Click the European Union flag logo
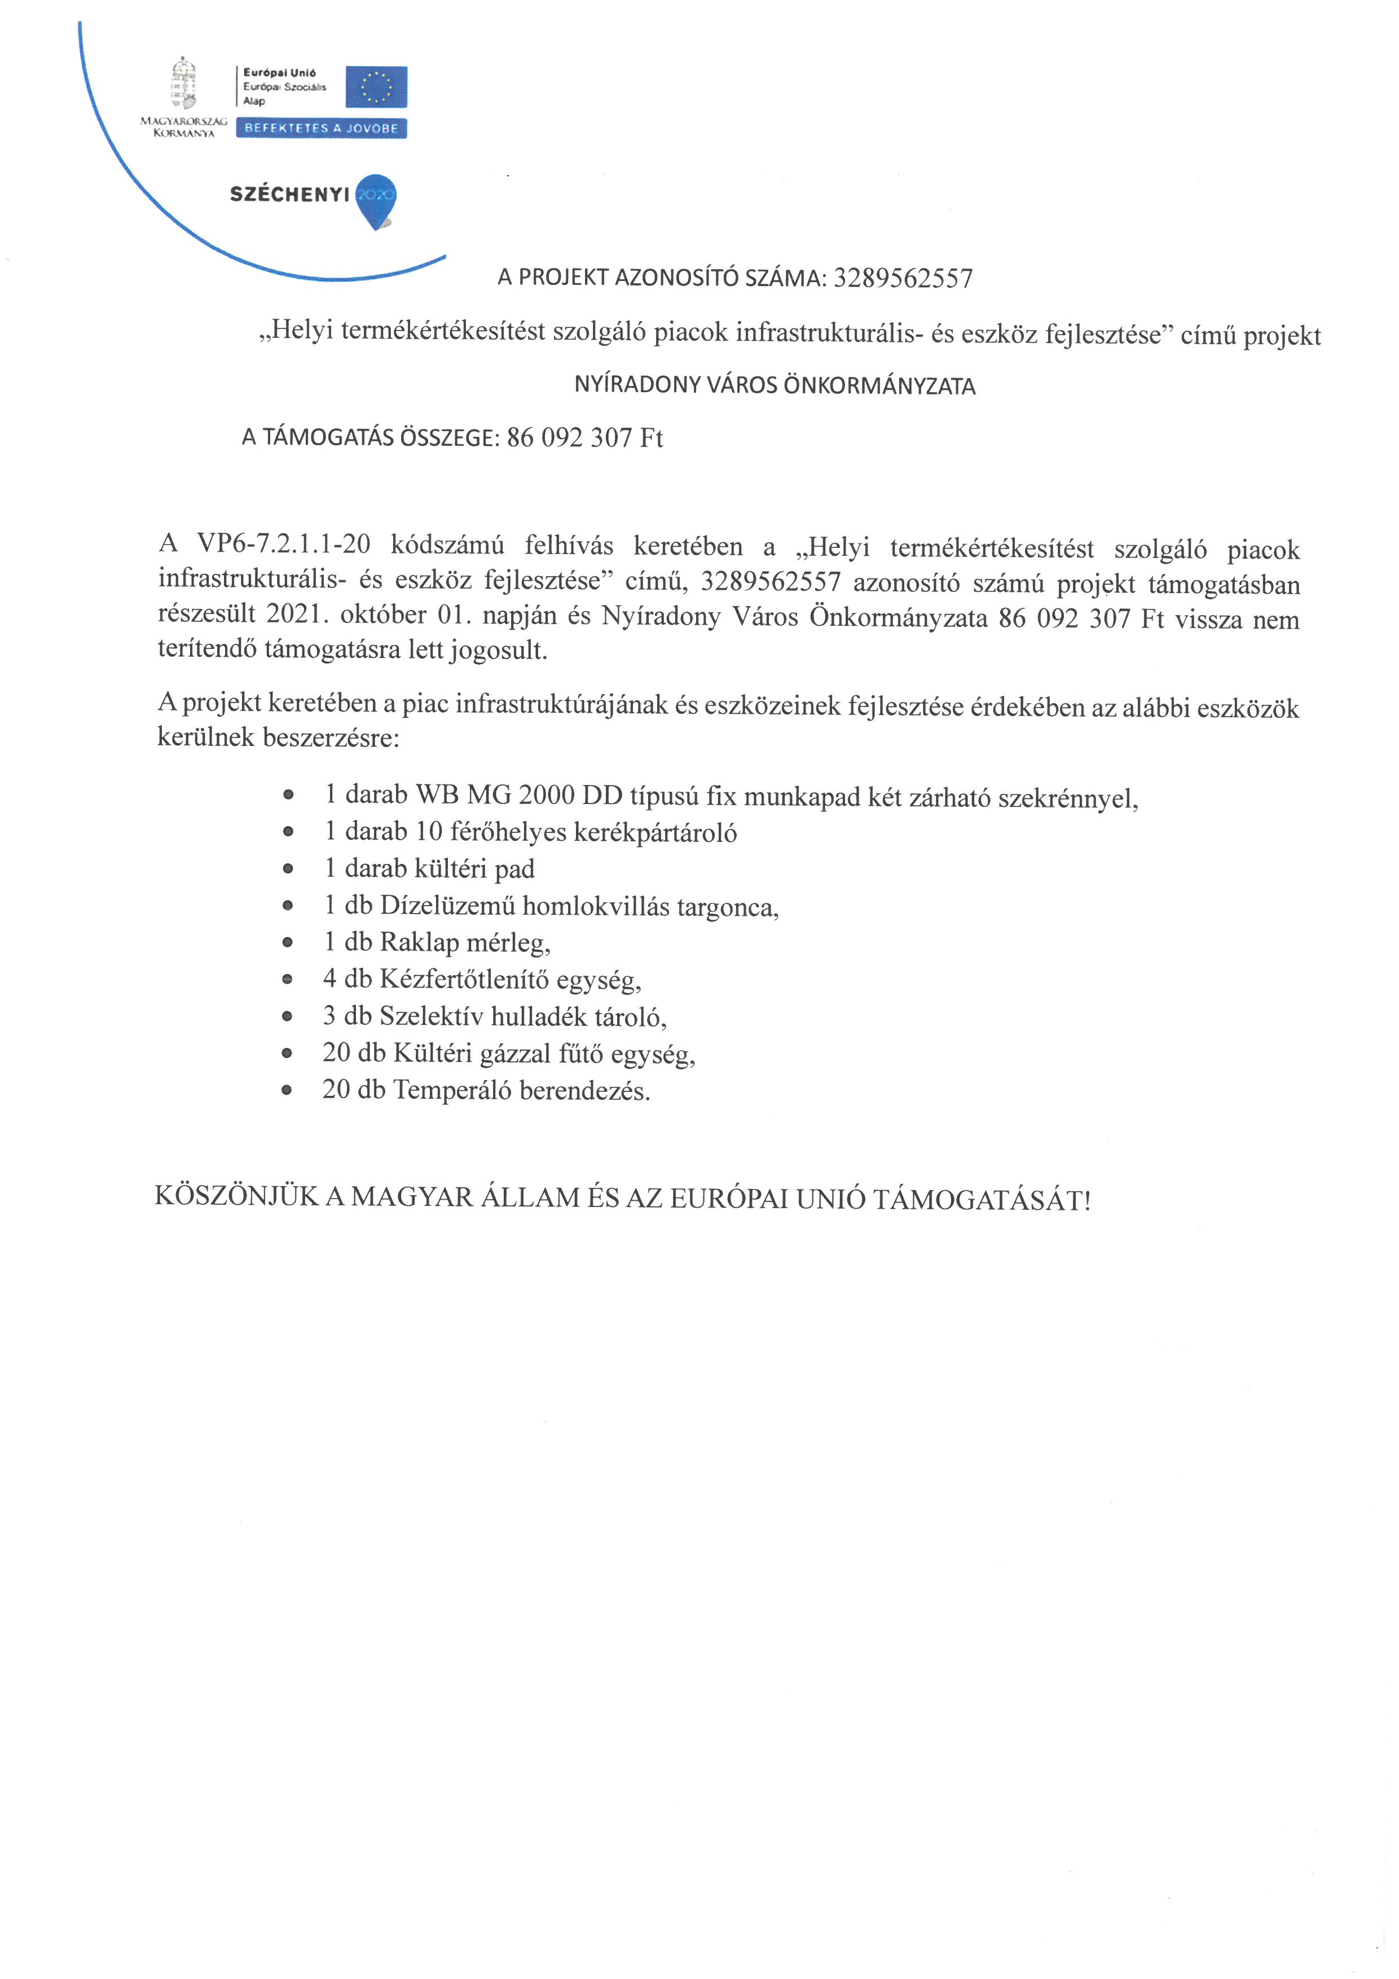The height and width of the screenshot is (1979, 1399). (x=376, y=87)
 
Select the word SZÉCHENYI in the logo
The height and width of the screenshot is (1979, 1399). (x=289, y=195)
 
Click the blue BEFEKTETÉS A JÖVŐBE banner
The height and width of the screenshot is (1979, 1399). (x=322, y=129)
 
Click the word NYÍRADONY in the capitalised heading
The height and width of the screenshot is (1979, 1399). (x=637, y=385)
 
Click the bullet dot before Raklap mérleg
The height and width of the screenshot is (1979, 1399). (x=288, y=943)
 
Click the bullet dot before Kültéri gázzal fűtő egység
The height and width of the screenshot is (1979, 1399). (x=288, y=1054)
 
